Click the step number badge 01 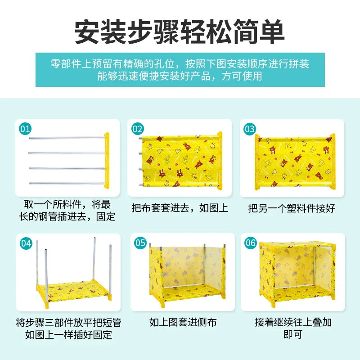[x=25, y=129]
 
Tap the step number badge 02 [x=138, y=129]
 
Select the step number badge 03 [x=250, y=129]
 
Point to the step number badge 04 [x=26, y=243]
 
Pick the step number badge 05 [x=140, y=243]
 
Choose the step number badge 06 [x=250, y=243]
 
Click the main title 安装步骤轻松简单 [x=180, y=32]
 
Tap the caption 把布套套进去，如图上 [x=180, y=208]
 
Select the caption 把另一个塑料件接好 [x=292, y=208]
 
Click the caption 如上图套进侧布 [x=183, y=322]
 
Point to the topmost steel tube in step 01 [x=67, y=138]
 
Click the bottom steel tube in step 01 [x=67, y=183]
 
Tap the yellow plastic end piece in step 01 [x=107, y=161]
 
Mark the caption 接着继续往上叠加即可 [x=293, y=328]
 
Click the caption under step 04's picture [x=68, y=329]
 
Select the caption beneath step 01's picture [x=67, y=210]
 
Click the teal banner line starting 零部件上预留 [x=180, y=64]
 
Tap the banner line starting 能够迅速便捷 [x=180, y=76]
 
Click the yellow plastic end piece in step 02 [x=220, y=161]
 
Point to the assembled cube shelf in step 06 [x=297, y=274]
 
